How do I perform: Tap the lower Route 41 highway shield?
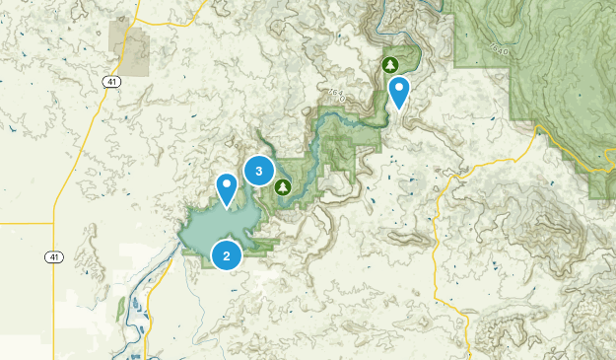55,256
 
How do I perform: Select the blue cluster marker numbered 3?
259,171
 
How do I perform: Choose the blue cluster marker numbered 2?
227,255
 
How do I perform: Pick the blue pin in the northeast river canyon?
399,92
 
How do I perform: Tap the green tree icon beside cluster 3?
284,185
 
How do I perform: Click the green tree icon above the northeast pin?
391,64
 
